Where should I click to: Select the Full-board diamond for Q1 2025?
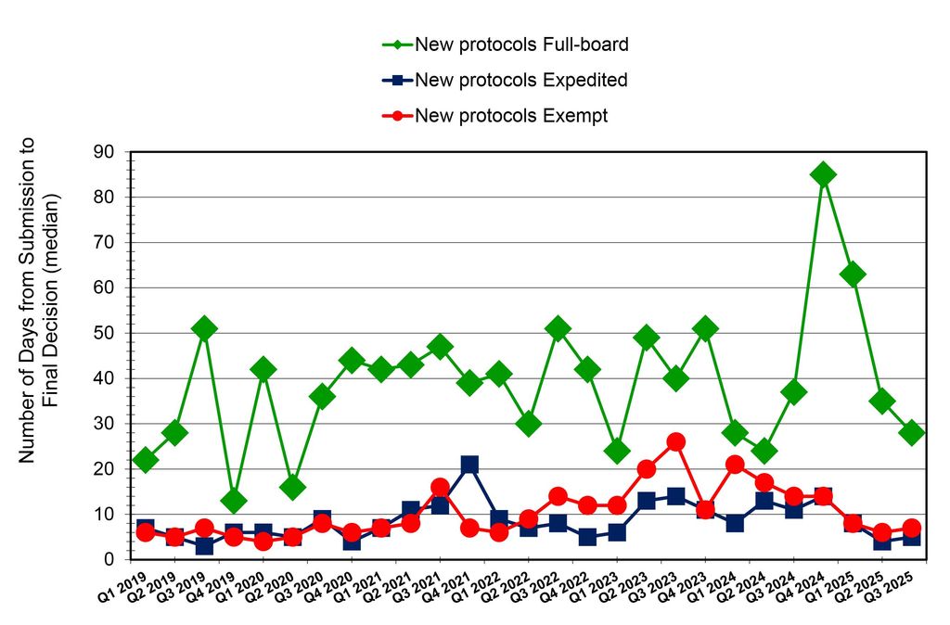click(x=853, y=274)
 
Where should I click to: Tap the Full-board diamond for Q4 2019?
click(x=234, y=501)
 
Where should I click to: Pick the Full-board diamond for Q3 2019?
click(x=204, y=328)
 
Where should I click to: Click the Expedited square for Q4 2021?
click(x=469, y=465)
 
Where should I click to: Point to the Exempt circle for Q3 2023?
click(x=675, y=441)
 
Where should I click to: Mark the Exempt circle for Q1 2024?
click(x=735, y=465)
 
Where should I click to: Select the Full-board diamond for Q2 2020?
click(x=292, y=487)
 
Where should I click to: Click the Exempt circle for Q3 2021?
click(x=440, y=487)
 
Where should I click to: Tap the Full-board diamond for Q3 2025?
click(x=911, y=433)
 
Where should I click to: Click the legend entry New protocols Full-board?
click(x=522, y=44)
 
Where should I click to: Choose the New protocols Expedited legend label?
click(x=521, y=80)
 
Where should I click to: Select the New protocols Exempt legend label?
click(x=511, y=116)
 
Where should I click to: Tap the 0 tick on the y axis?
click(x=108, y=560)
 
